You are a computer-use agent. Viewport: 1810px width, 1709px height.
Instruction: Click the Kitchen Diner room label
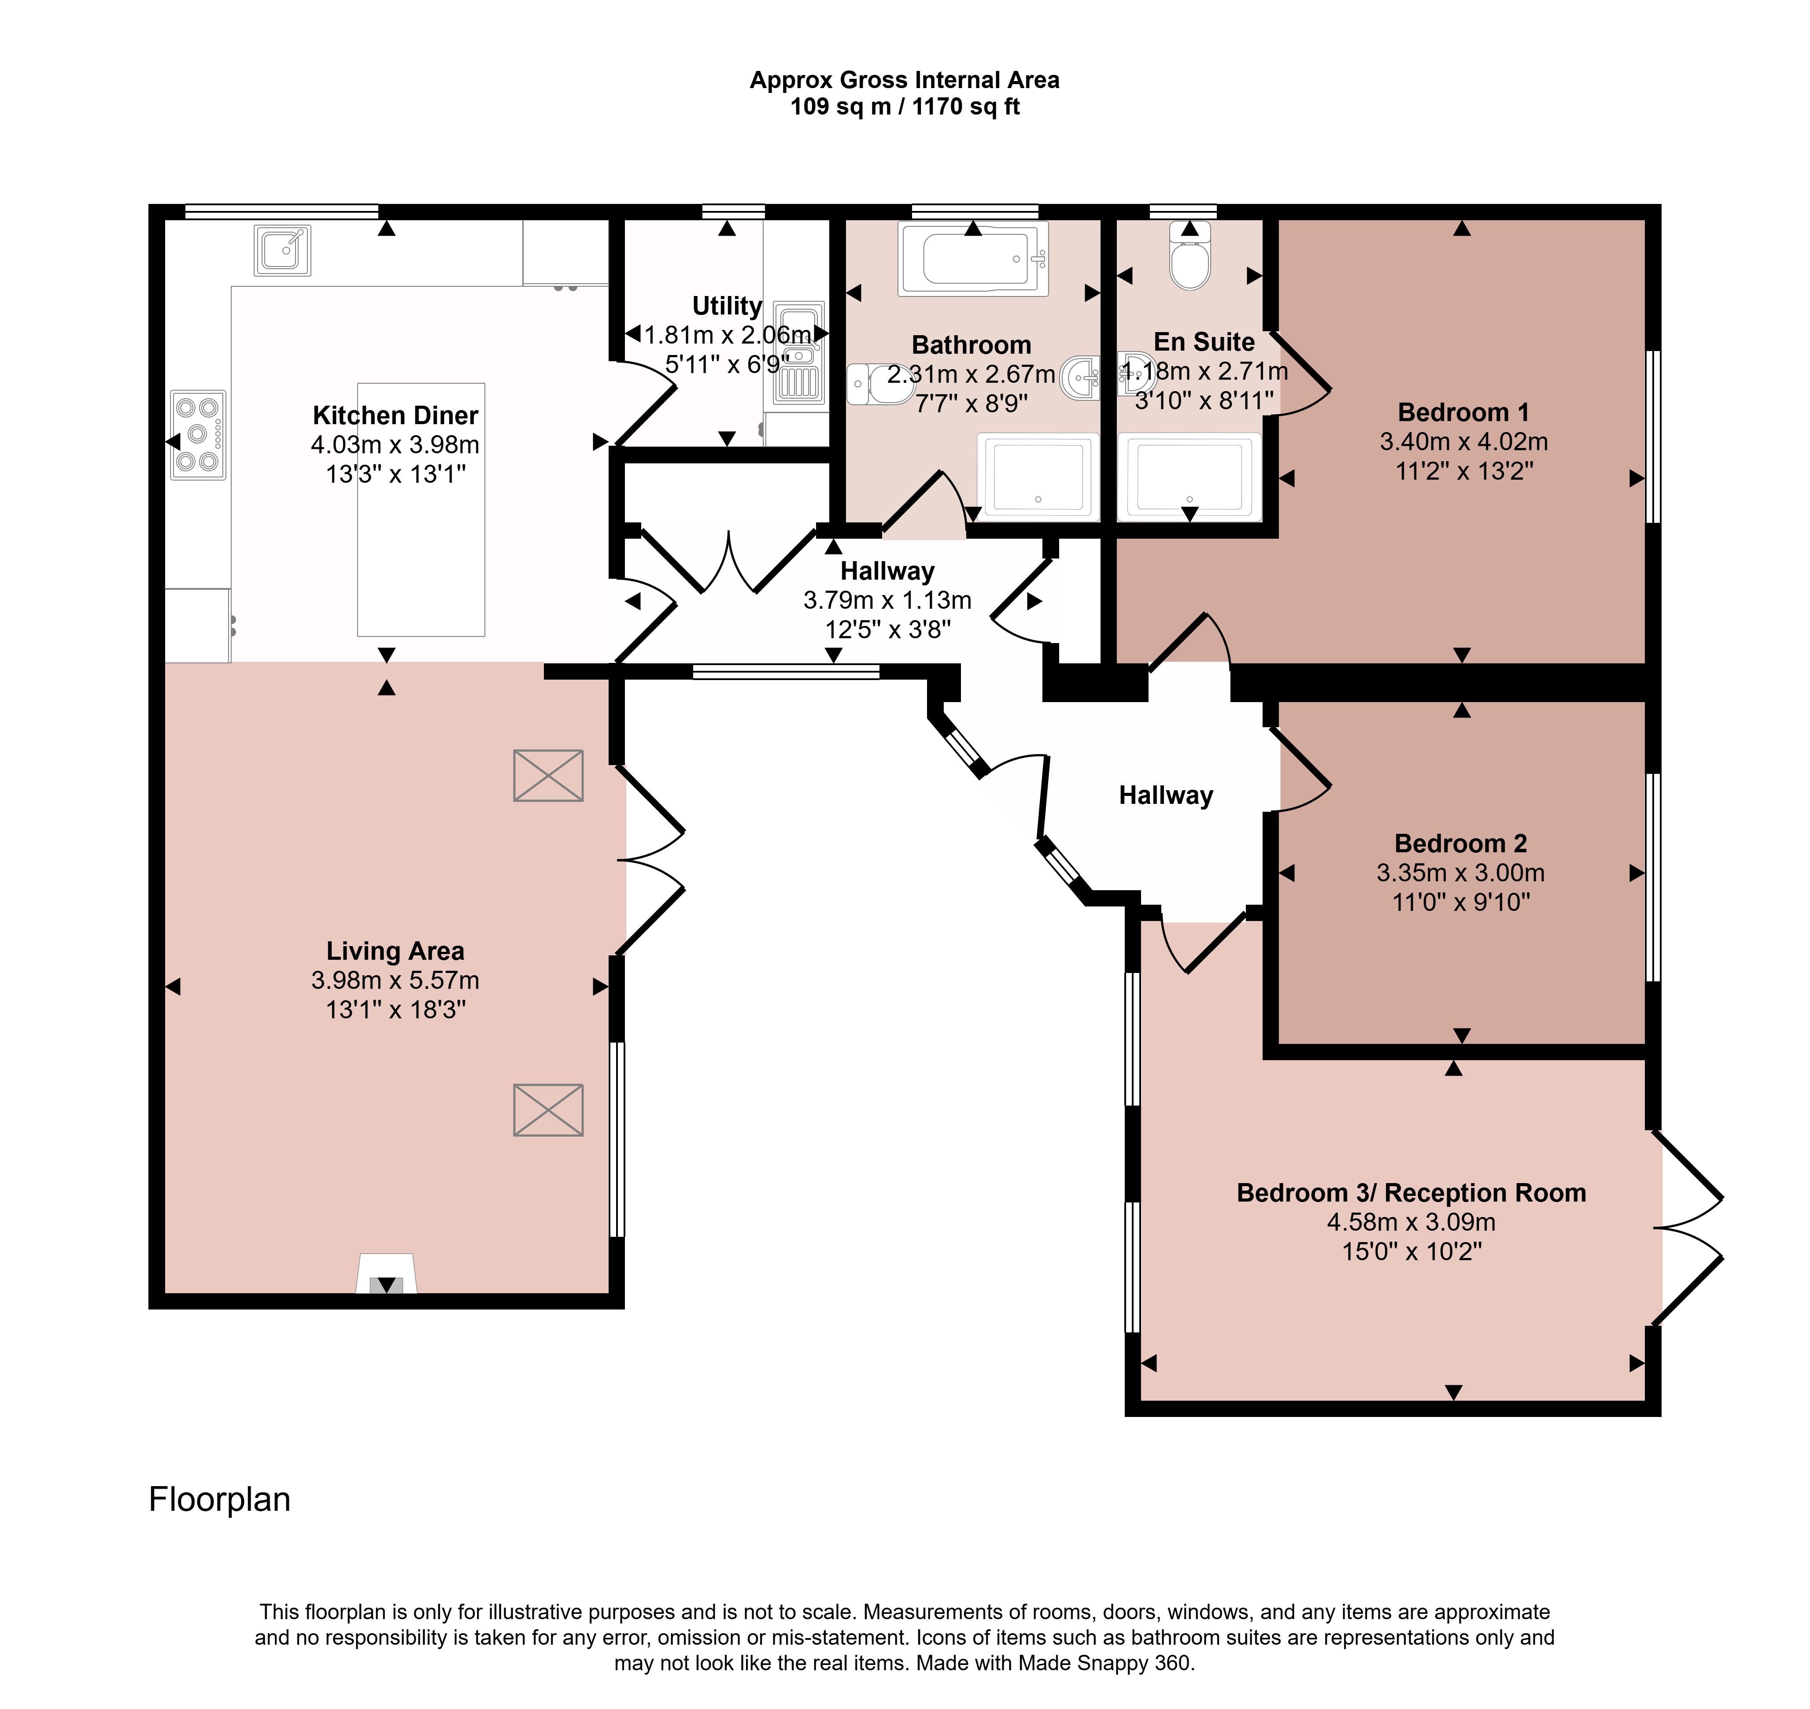tap(395, 415)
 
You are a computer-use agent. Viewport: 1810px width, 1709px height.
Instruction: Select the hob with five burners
tap(198, 436)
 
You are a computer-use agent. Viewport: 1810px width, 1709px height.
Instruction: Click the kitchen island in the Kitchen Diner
tap(421, 509)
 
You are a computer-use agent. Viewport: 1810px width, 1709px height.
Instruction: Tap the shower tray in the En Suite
tap(1189, 477)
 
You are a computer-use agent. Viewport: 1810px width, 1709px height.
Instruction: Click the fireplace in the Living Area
tap(386, 1273)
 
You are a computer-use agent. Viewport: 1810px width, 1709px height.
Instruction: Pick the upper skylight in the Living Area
tap(548, 775)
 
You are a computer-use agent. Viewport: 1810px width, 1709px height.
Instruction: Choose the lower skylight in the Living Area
tap(548, 1110)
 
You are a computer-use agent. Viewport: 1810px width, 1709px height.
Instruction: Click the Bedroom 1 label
tap(1463, 413)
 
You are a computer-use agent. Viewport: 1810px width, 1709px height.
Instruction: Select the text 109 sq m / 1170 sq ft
tap(905, 107)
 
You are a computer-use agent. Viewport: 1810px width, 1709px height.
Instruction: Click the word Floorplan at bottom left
tap(219, 1499)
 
